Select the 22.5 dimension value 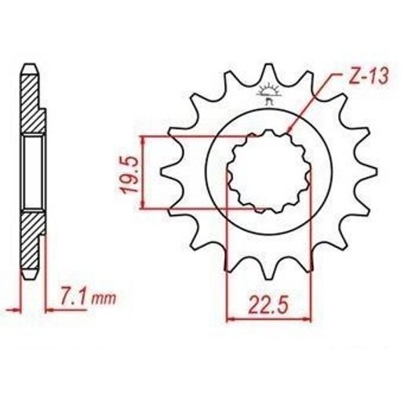[x=268, y=305]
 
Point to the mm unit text [x=104, y=300]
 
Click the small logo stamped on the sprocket [x=268, y=93]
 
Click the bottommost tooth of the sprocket [x=268, y=269]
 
